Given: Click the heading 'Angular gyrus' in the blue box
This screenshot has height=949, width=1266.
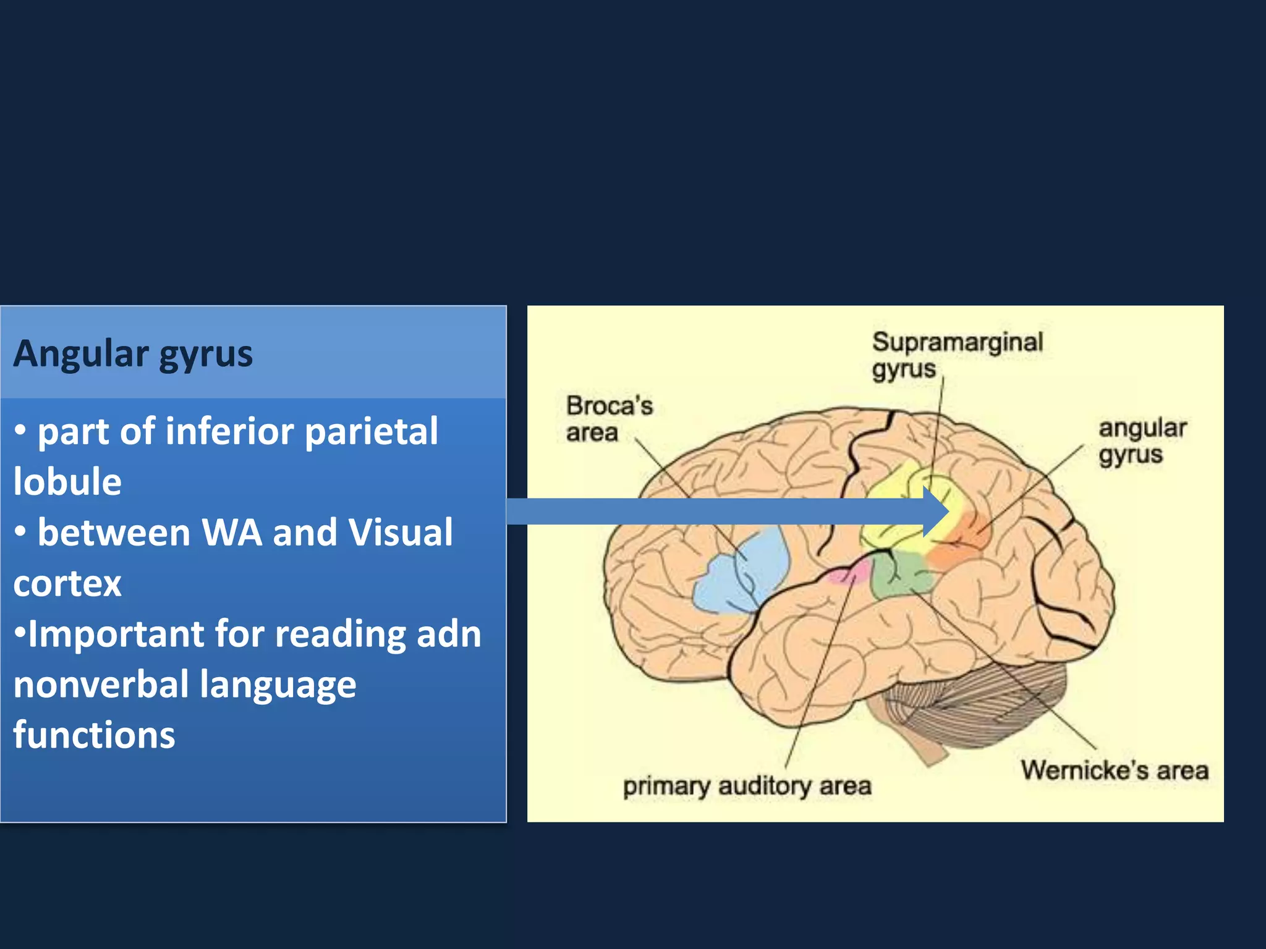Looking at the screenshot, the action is [x=133, y=354].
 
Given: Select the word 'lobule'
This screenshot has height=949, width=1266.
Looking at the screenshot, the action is [x=67, y=482].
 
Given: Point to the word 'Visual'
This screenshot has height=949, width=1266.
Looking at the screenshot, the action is [x=400, y=533].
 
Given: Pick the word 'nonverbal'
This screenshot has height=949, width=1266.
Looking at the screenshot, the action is [x=101, y=685].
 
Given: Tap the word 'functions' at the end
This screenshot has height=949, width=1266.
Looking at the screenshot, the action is [x=94, y=735].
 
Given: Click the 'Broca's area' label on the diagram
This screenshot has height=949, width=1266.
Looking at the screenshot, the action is [x=609, y=419].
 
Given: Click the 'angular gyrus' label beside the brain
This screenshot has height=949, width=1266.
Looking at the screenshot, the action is [x=1142, y=441].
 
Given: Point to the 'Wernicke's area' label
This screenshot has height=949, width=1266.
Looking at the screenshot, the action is [x=1115, y=770].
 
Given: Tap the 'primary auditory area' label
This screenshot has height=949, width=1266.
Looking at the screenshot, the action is [x=747, y=787].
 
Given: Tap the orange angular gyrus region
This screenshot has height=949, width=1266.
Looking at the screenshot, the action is [x=964, y=544].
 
